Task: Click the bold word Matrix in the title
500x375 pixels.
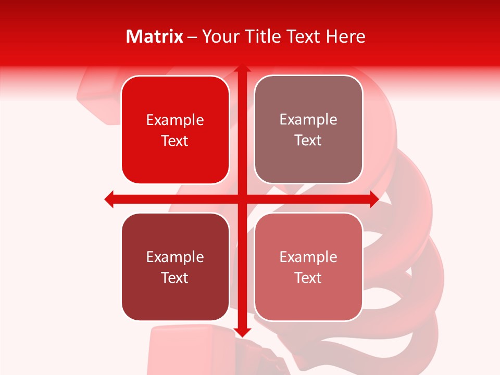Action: pos(155,36)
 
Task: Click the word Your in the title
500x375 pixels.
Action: pos(220,36)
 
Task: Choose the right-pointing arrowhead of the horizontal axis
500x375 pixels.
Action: pos(373,199)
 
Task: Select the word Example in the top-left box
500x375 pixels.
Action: pos(175,120)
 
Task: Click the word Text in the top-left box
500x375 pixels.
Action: pos(175,141)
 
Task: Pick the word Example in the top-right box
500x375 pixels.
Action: pos(308,120)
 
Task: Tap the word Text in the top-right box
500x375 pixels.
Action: pos(308,141)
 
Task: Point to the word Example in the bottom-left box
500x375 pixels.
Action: pos(175,257)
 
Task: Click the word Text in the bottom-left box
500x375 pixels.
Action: pos(175,278)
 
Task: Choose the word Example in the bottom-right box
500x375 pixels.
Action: pos(308,257)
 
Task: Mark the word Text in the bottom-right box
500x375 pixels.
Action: pos(308,278)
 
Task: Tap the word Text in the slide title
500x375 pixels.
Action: pos(304,36)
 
